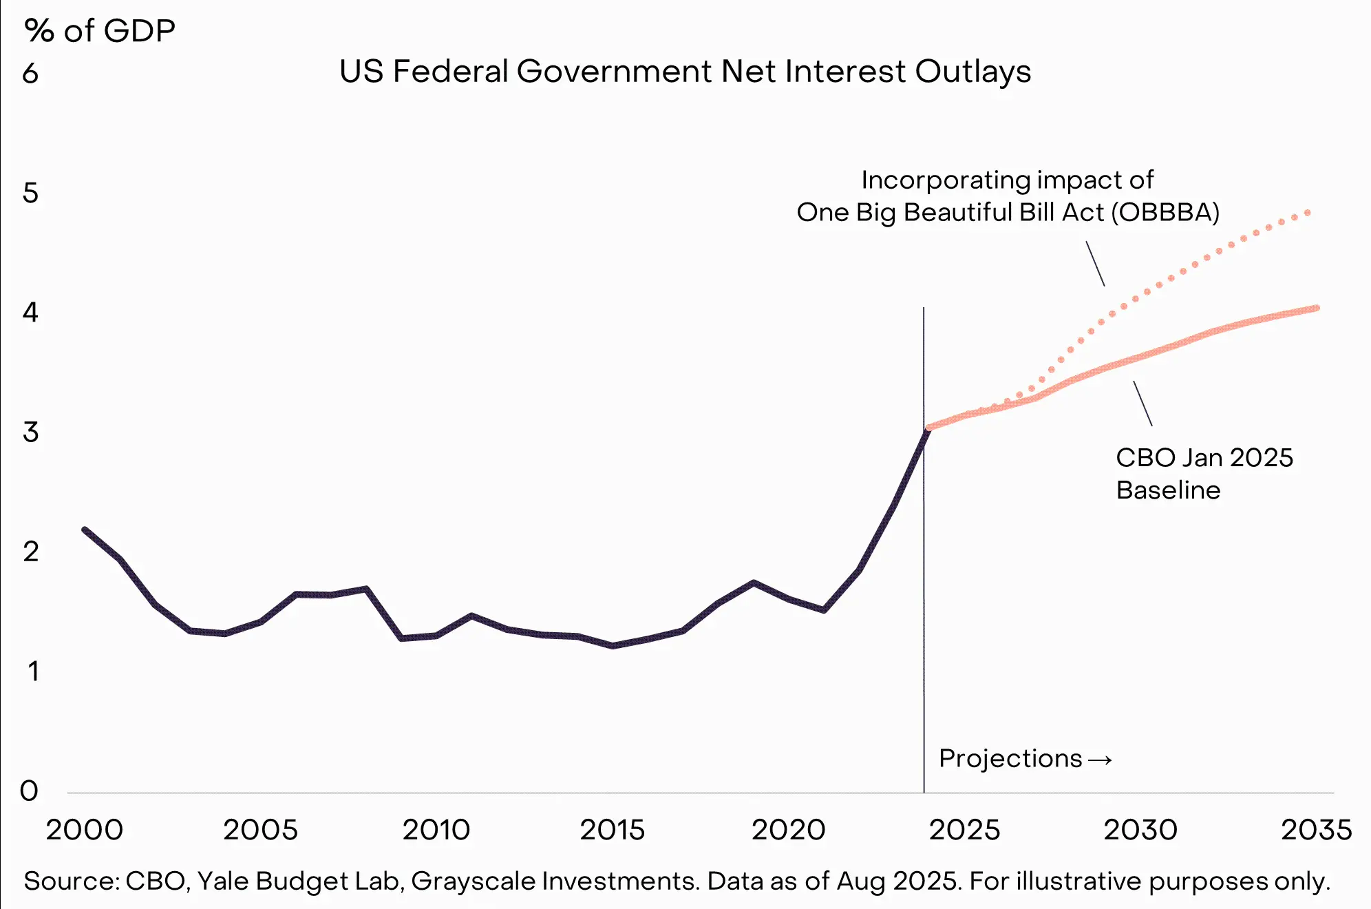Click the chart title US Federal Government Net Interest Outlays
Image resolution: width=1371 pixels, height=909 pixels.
pyautogui.click(x=685, y=72)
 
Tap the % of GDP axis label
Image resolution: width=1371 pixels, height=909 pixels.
pyautogui.click(x=100, y=31)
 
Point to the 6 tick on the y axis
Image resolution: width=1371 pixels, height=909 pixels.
pyautogui.click(x=30, y=74)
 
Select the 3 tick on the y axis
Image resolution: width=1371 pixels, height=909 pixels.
pyautogui.click(x=30, y=432)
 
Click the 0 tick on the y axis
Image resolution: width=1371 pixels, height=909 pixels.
pyautogui.click(x=29, y=791)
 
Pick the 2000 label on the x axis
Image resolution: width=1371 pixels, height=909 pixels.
pyautogui.click(x=84, y=830)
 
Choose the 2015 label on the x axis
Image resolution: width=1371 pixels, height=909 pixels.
pyautogui.click(x=612, y=830)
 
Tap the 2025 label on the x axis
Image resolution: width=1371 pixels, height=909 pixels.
pyautogui.click(x=964, y=830)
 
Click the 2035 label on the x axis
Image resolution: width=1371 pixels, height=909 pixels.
pyautogui.click(x=1316, y=830)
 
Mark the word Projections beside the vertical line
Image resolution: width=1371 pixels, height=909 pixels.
pyautogui.click(x=1010, y=758)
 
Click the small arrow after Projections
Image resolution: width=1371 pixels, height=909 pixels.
pyautogui.click(x=1100, y=760)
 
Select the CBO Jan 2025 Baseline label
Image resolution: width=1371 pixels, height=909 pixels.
pyautogui.click(x=1204, y=474)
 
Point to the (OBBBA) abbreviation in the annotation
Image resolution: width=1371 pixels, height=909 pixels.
pyautogui.click(x=1165, y=212)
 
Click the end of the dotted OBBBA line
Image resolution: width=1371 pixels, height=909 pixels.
pyautogui.click(x=1308, y=213)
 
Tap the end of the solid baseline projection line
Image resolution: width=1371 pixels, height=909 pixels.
pyautogui.click(x=1317, y=308)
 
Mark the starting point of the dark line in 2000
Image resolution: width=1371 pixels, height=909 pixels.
pyautogui.click(x=85, y=530)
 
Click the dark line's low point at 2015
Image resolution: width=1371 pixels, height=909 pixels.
pyautogui.click(x=613, y=646)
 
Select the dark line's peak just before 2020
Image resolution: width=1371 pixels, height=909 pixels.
pyautogui.click(x=754, y=583)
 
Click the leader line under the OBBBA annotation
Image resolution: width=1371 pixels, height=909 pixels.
pyautogui.click(x=1095, y=263)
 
